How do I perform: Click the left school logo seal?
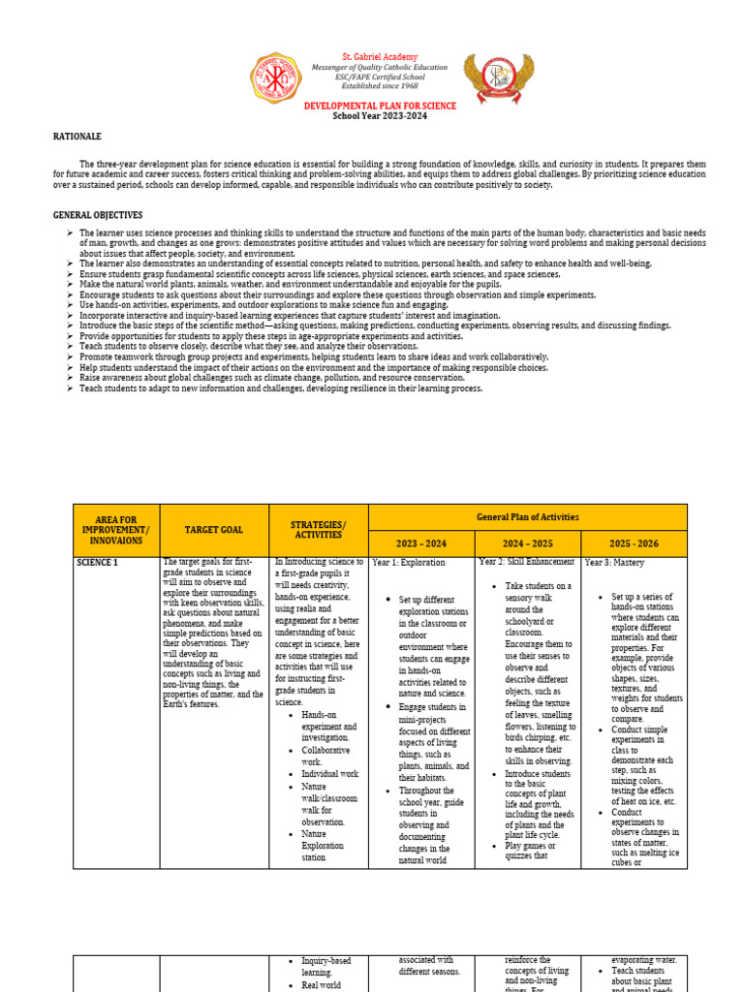tap(276, 79)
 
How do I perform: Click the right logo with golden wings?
tap(498, 79)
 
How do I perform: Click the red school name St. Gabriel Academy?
tap(379, 58)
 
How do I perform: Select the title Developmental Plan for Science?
tap(379, 105)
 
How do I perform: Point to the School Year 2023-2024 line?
tap(379, 116)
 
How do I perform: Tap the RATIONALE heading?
tap(77, 137)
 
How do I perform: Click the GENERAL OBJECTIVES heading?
tap(97, 215)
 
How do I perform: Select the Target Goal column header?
tap(214, 530)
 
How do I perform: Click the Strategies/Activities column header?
tap(318, 530)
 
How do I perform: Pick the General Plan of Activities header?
tap(527, 517)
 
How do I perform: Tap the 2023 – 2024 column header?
tap(421, 543)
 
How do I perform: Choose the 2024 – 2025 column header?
tap(527, 543)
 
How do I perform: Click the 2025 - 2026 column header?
tap(634, 543)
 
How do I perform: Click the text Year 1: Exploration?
tap(409, 563)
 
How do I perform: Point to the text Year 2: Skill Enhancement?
tap(526, 562)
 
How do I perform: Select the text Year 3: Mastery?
tap(614, 563)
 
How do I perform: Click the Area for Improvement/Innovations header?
tap(116, 530)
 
